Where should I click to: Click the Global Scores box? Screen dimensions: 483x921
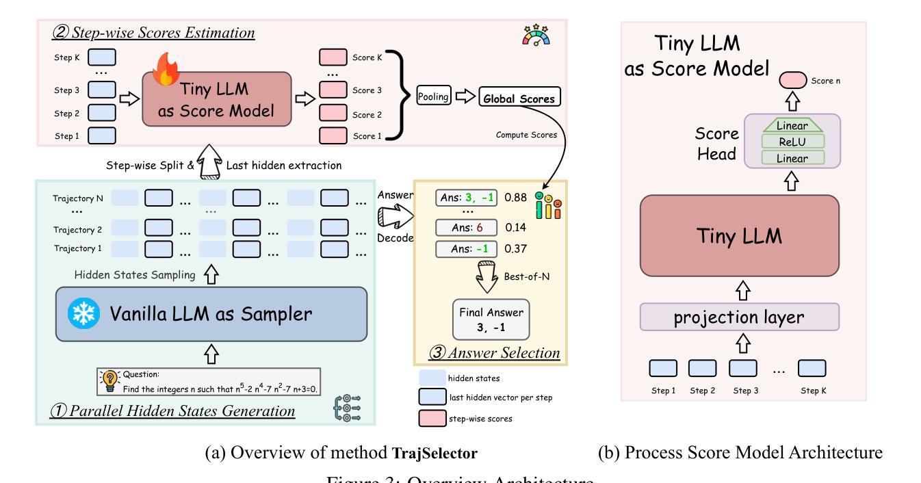point(520,98)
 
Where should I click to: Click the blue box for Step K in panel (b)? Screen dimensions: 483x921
point(812,368)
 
